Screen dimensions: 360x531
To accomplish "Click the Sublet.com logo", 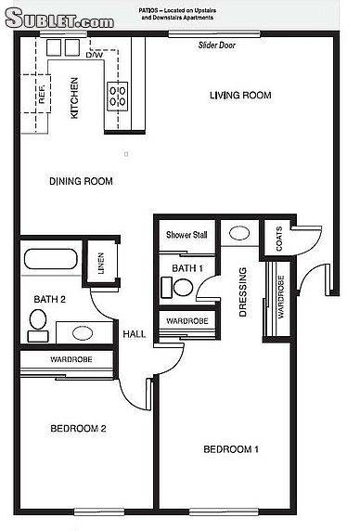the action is click(59, 18).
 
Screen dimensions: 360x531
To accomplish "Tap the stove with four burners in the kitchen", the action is click(118, 97).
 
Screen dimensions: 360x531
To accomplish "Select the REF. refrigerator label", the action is click(41, 94).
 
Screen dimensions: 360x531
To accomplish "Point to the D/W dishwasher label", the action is click(95, 55).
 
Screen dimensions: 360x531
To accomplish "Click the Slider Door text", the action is click(216, 45).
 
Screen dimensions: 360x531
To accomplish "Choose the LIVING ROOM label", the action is click(240, 96).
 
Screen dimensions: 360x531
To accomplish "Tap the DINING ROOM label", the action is click(81, 181).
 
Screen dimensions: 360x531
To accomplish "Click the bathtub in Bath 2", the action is click(51, 259).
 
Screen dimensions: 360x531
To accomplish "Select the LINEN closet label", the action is click(101, 263).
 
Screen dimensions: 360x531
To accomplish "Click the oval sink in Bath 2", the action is click(83, 333).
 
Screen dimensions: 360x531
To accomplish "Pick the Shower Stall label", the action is click(186, 235).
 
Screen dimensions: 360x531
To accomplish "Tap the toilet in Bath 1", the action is click(177, 287).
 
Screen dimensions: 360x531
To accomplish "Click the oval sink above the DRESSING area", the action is click(239, 233).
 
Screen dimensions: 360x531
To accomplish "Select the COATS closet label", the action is click(279, 239).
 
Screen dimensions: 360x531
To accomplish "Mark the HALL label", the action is click(135, 334).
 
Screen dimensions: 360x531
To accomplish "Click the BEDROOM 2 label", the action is click(78, 428).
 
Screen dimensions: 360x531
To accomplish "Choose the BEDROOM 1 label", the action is click(231, 449).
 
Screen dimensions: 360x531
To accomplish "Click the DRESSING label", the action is click(243, 291).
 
